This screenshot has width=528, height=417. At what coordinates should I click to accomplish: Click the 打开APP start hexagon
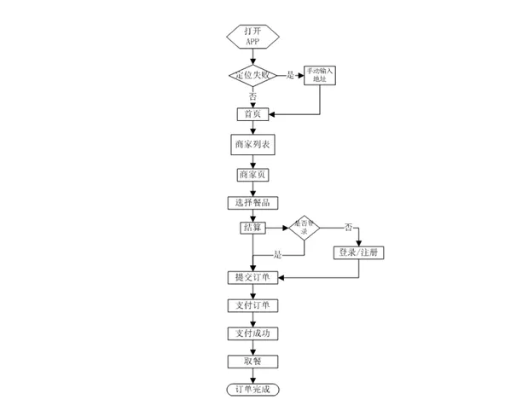252,37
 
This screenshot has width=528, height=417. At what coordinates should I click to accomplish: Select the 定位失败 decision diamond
252,75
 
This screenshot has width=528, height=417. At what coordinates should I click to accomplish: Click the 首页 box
252,113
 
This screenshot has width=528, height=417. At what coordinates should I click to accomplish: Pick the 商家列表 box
252,144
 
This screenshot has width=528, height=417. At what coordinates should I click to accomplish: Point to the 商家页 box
252,175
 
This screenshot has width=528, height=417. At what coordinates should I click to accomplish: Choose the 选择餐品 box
252,202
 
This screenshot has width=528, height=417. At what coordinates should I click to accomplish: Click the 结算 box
252,228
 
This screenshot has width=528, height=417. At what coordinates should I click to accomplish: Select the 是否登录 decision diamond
307,228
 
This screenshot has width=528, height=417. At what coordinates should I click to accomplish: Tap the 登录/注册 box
358,252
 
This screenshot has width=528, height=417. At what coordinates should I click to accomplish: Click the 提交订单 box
252,277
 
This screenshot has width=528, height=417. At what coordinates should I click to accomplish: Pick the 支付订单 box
252,305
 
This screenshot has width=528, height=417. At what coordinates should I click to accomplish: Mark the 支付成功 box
252,333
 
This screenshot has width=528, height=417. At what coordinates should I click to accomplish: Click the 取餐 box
252,362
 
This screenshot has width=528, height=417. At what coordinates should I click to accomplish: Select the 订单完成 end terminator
252,390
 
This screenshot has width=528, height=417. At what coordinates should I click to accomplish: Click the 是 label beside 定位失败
290,75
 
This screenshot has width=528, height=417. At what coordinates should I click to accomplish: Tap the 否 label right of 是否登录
347,227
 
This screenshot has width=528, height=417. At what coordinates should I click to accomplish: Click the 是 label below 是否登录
277,255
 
